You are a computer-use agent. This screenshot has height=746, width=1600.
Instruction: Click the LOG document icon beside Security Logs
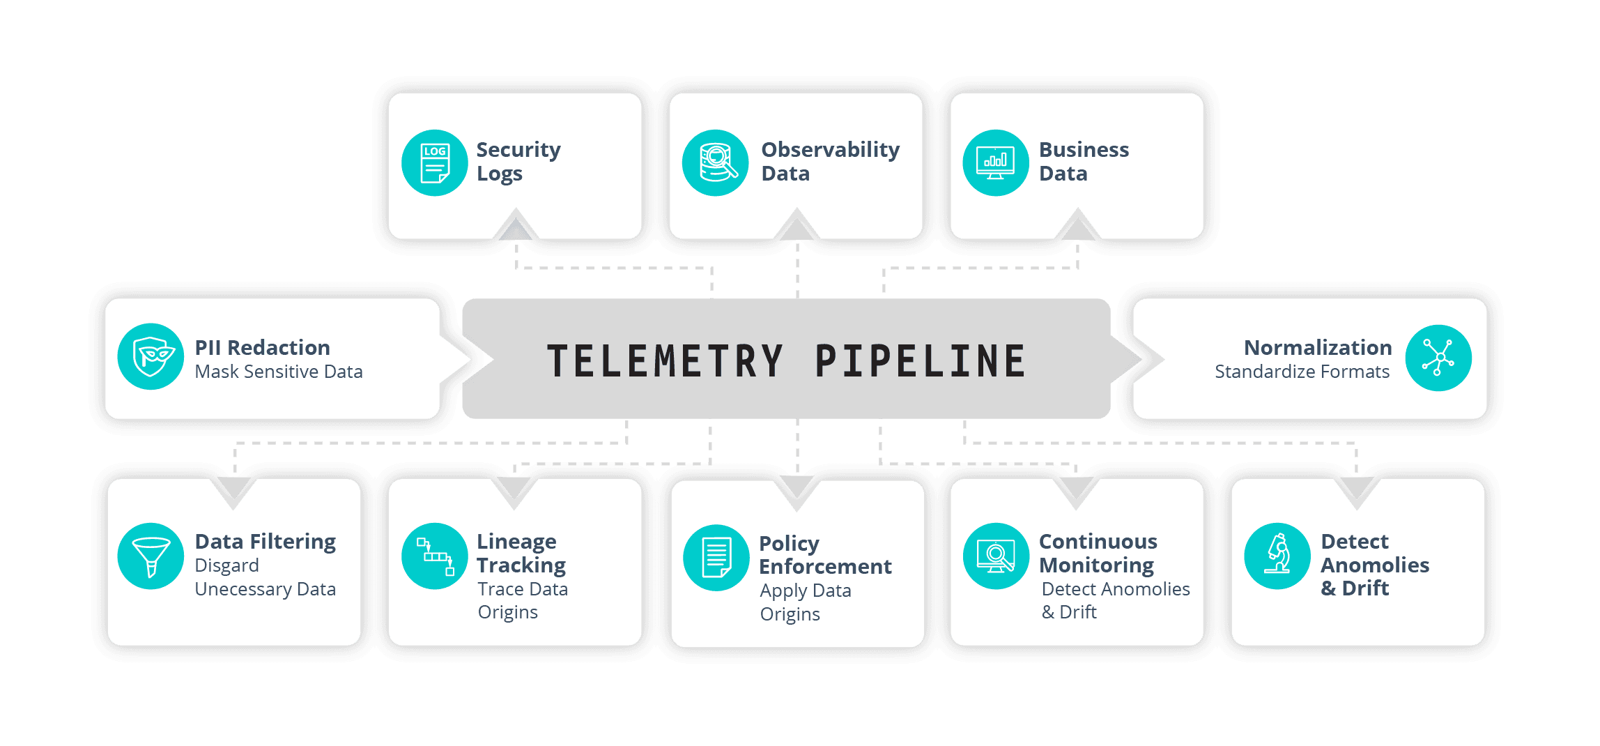click(x=435, y=162)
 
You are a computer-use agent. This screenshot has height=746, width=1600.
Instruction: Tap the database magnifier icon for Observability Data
click(x=716, y=162)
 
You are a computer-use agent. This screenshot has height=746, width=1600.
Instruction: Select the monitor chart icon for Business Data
click(x=996, y=162)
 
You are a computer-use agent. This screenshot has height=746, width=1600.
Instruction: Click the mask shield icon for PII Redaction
click(x=151, y=356)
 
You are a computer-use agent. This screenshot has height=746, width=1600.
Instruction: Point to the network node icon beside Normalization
click(x=1438, y=358)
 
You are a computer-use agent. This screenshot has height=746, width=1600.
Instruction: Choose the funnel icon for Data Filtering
click(x=151, y=556)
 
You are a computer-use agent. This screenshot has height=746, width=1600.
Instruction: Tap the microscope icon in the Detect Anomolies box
click(x=1277, y=556)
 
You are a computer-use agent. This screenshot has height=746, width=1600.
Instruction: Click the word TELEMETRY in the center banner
click(x=666, y=361)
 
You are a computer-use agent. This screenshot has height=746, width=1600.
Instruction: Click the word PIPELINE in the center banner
click(x=920, y=361)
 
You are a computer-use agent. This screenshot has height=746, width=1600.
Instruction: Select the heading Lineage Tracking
click(x=521, y=553)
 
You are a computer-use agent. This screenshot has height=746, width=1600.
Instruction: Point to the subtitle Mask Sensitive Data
click(x=279, y=372)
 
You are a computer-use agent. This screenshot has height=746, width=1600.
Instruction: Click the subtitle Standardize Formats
click(x=1302, y=372)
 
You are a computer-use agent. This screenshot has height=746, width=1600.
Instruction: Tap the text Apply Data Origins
click(x=805, y=602)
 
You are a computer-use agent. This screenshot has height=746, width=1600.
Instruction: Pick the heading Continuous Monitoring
click(x=1098, y=553)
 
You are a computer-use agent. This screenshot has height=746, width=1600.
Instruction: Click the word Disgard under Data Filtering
click(x=226, y=565)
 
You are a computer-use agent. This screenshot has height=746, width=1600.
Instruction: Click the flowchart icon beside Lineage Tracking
click(x=435, y=556)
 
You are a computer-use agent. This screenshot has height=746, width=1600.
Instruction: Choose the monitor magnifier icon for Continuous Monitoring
click(x=996, y=556)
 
